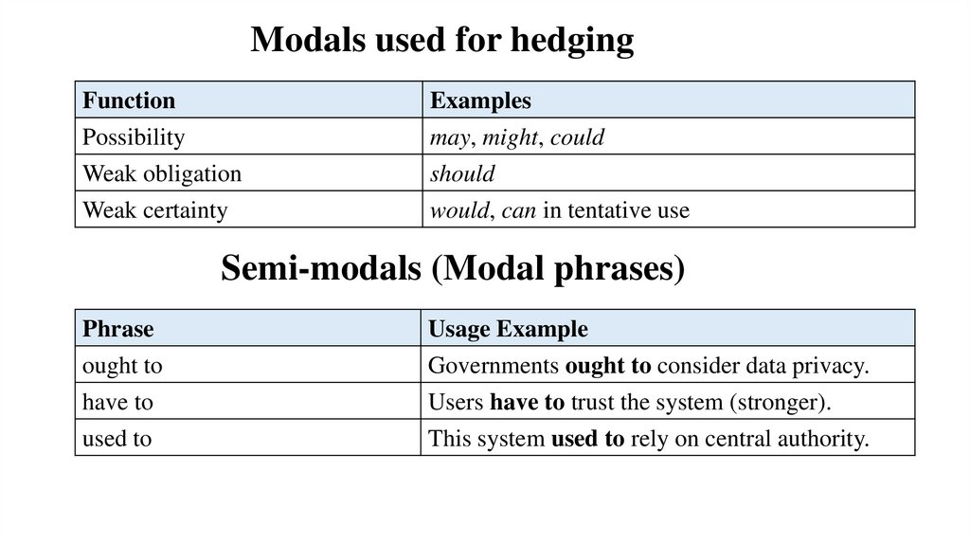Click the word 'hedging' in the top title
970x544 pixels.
573,40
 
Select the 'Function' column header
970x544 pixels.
129,100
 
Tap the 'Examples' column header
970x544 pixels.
480,100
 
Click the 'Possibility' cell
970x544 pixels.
134,137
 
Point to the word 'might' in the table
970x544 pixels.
511,137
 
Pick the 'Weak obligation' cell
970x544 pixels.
162,174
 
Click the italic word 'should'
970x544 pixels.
462,174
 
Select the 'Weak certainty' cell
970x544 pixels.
155,210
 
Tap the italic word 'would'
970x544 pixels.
459,210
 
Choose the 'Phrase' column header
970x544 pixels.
118,329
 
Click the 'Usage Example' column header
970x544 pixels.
509,329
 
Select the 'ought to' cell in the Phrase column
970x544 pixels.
122,366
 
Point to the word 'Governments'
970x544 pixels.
493,366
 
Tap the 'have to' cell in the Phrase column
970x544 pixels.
117,402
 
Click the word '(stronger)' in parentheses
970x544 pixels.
779,402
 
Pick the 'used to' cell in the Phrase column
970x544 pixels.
117,439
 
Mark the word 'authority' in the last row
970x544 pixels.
826,439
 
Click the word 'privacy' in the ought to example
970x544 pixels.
831,366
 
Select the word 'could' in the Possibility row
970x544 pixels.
577,137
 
